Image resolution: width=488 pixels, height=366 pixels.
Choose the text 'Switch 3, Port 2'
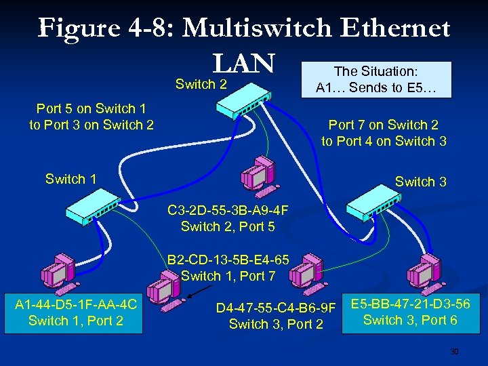(276, 325)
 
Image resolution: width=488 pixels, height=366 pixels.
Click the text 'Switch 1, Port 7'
(228, 276)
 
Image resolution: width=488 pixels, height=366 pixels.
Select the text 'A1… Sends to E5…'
(377, 87)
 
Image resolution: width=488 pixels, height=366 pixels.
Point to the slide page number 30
(455, 352)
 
